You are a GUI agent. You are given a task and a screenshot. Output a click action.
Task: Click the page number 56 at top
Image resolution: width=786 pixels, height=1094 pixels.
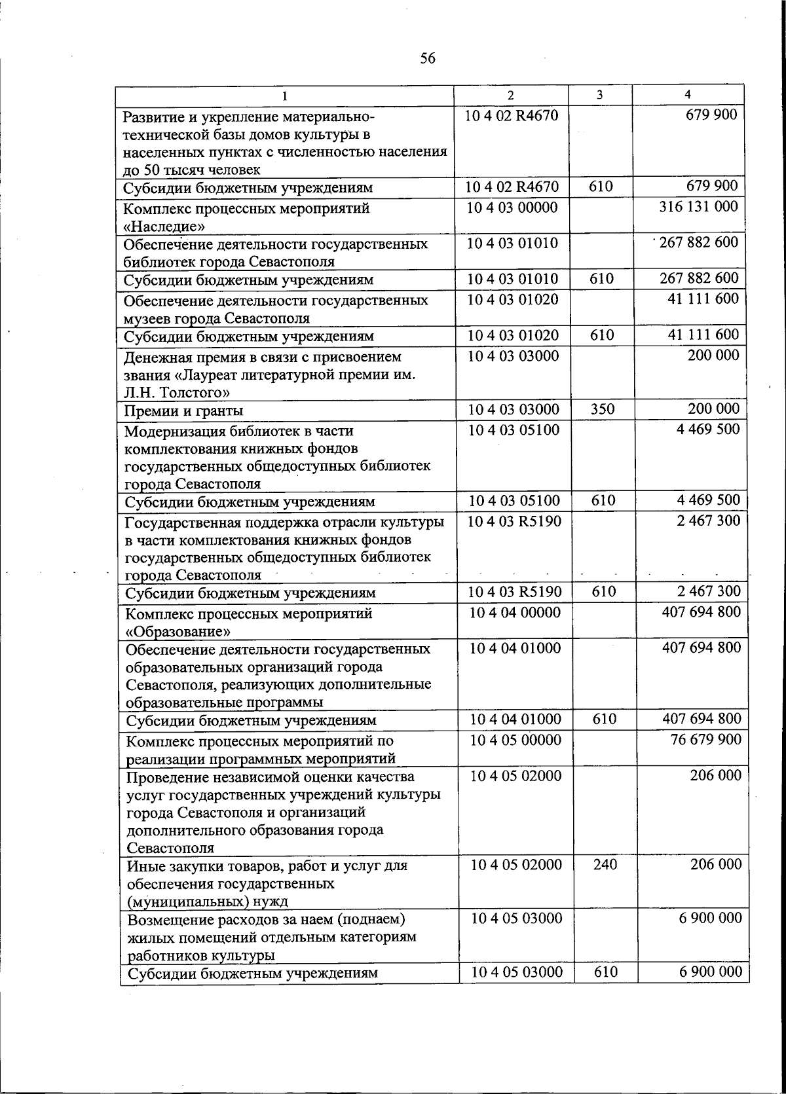click(427, 59)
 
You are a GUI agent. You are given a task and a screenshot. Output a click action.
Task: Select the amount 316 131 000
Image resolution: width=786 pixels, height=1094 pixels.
click(698, 207)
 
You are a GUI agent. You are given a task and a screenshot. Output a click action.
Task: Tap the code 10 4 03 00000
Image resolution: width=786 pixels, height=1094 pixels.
click(512, 208)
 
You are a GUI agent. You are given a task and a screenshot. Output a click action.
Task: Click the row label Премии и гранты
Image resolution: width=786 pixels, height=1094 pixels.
click(184, 411)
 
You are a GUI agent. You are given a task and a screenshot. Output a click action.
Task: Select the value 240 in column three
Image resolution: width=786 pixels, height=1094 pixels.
click(605, 865)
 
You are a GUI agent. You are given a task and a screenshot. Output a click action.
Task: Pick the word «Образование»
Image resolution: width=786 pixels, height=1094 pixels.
click(178, 632)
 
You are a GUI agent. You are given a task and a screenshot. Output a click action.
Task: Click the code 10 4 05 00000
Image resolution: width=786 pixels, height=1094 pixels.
click(516, 740)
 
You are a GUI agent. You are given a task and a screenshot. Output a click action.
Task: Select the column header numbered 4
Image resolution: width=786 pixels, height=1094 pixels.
click(687, 94)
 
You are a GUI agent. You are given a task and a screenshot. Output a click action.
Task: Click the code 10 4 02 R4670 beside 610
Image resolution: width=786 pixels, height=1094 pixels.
click(512, 187)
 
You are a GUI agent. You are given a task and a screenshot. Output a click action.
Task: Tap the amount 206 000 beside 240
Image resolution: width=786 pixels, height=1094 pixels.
click(716, 865)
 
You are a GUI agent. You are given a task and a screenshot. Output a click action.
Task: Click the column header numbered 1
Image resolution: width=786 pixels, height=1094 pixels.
click(285, 96)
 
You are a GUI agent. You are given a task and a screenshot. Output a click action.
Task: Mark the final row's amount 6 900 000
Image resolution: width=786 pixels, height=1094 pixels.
click(710, 972)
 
